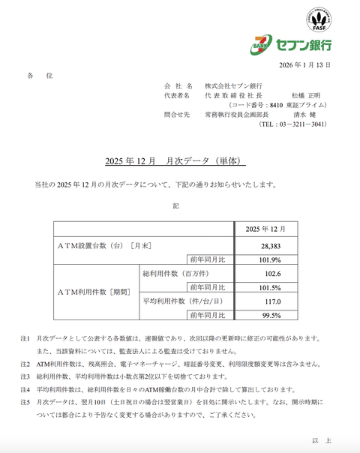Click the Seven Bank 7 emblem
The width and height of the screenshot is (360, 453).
262,45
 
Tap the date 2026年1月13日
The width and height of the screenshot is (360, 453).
303,65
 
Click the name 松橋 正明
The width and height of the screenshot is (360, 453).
309,96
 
